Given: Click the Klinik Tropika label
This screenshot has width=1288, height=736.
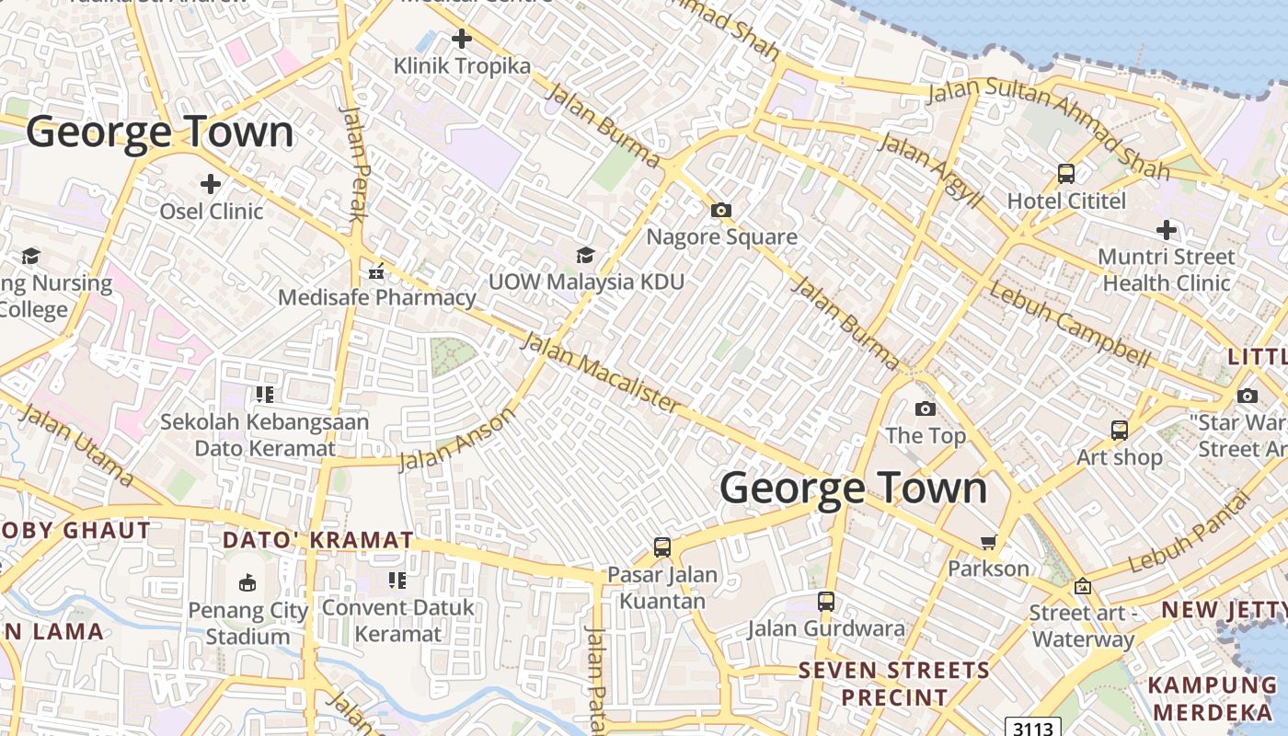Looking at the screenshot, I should coord(462,66).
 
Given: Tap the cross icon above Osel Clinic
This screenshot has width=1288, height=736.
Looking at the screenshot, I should coord(211,184).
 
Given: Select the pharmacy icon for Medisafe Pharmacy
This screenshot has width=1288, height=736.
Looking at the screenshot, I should coord(375,271).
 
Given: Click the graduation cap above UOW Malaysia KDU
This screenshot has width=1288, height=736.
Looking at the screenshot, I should coord(585,255).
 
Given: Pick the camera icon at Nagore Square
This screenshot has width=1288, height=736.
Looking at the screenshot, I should coord(721,211).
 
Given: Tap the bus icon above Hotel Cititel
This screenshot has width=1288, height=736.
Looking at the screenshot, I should coord(1066,173).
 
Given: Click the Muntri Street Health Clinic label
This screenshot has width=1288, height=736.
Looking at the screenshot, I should coord(1167,270).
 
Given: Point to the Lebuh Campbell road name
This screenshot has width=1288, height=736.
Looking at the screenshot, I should coord(1069,323).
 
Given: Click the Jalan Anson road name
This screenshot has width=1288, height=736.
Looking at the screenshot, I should coord(457,440).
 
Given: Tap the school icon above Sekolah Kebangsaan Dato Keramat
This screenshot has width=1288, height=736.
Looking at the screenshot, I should coord(265,395).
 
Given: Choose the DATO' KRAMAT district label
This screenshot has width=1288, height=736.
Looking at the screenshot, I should coord(318,540).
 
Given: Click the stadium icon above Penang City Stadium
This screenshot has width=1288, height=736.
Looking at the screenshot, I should coord(247,582).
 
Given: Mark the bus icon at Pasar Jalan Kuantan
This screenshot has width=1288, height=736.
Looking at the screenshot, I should coord(661,547).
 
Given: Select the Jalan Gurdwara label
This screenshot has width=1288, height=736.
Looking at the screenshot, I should coord(825,629).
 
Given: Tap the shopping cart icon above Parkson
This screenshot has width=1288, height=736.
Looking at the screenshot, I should coord(989,542).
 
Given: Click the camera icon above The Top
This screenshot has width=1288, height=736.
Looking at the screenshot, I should coord(926,408).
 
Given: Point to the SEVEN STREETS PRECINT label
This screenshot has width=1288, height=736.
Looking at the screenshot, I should coord(893,684).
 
